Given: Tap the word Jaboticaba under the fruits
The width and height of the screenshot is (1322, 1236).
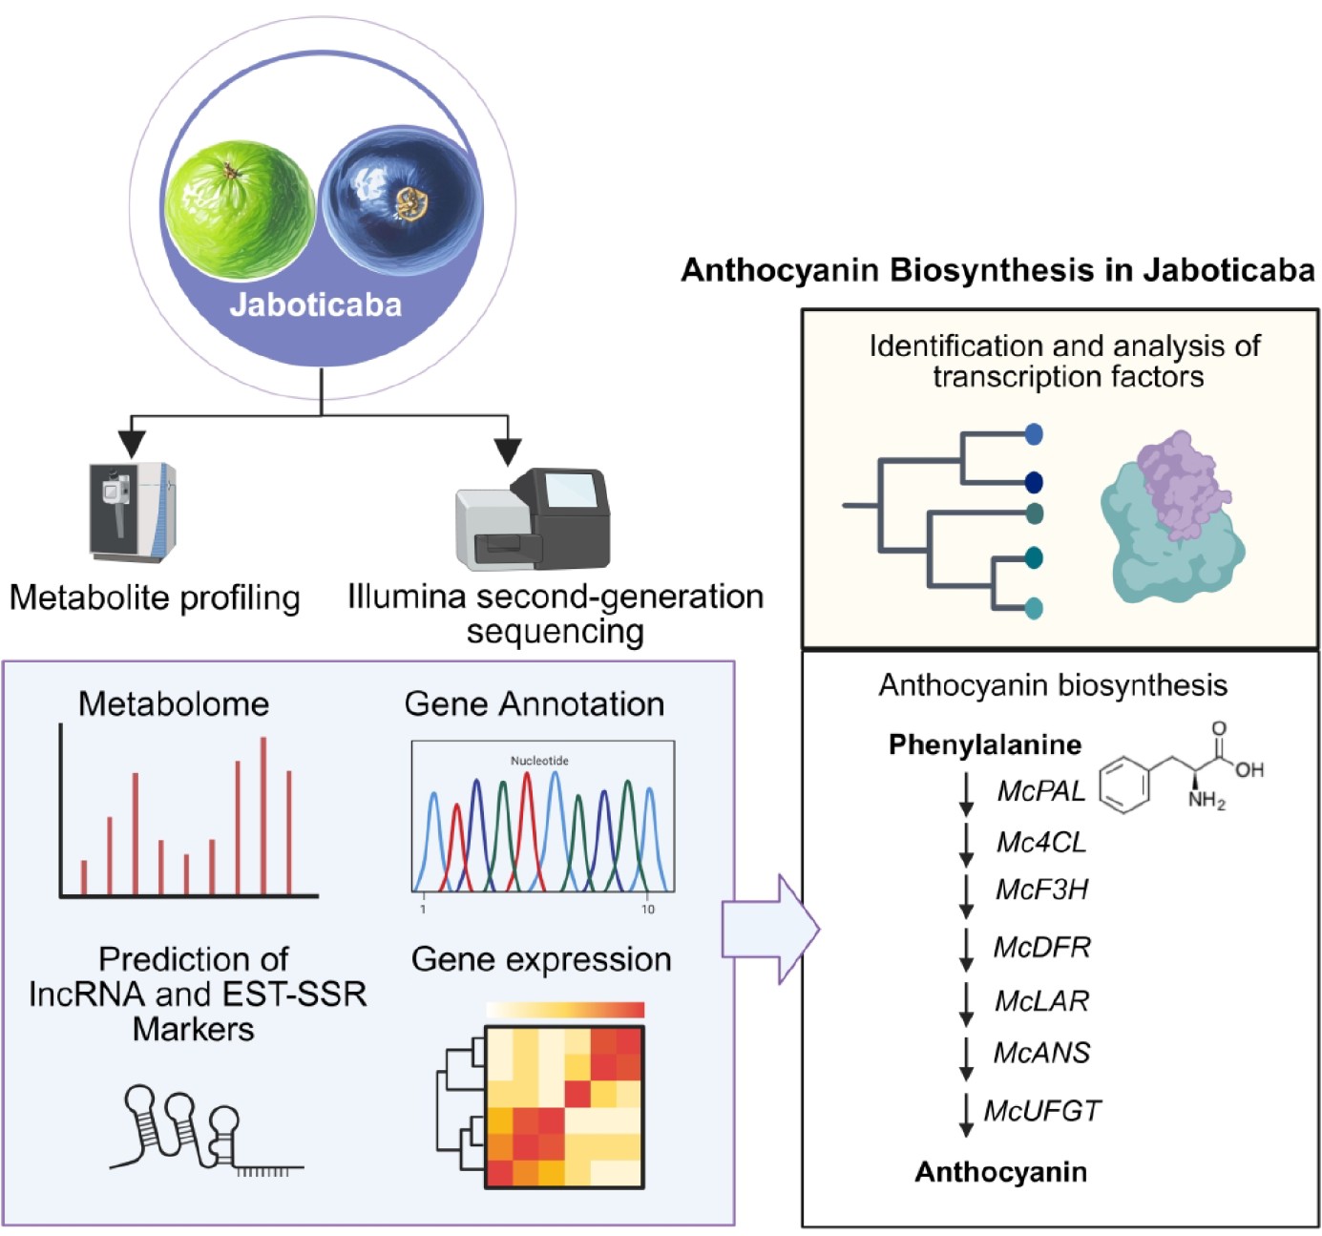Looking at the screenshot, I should [x=316, y=304].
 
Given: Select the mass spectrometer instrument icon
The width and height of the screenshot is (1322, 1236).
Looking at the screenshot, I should [x=133, y=512].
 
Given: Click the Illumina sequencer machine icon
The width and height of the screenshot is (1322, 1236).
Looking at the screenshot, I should [x=533, y=519].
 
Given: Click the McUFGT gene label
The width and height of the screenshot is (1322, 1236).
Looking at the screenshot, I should [x=1042, y=1111].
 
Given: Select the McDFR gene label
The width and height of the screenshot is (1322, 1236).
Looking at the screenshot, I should [x=1041, y=947].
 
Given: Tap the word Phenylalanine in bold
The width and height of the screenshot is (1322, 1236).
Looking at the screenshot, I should [x=984, y=744].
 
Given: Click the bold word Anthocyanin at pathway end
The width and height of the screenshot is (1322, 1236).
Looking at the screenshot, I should [x=1000, y=1172].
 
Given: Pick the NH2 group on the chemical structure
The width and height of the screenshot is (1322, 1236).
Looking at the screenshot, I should [x=1206, y=801].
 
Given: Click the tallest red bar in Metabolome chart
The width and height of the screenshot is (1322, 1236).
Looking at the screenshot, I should [x=263, y=815].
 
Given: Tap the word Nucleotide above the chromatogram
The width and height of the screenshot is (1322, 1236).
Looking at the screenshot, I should [x=539, y=761].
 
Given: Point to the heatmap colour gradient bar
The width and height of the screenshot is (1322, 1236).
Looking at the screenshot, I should [x=565, y=1010].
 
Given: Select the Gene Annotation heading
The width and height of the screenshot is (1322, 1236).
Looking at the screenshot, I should [x=535, y=704].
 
